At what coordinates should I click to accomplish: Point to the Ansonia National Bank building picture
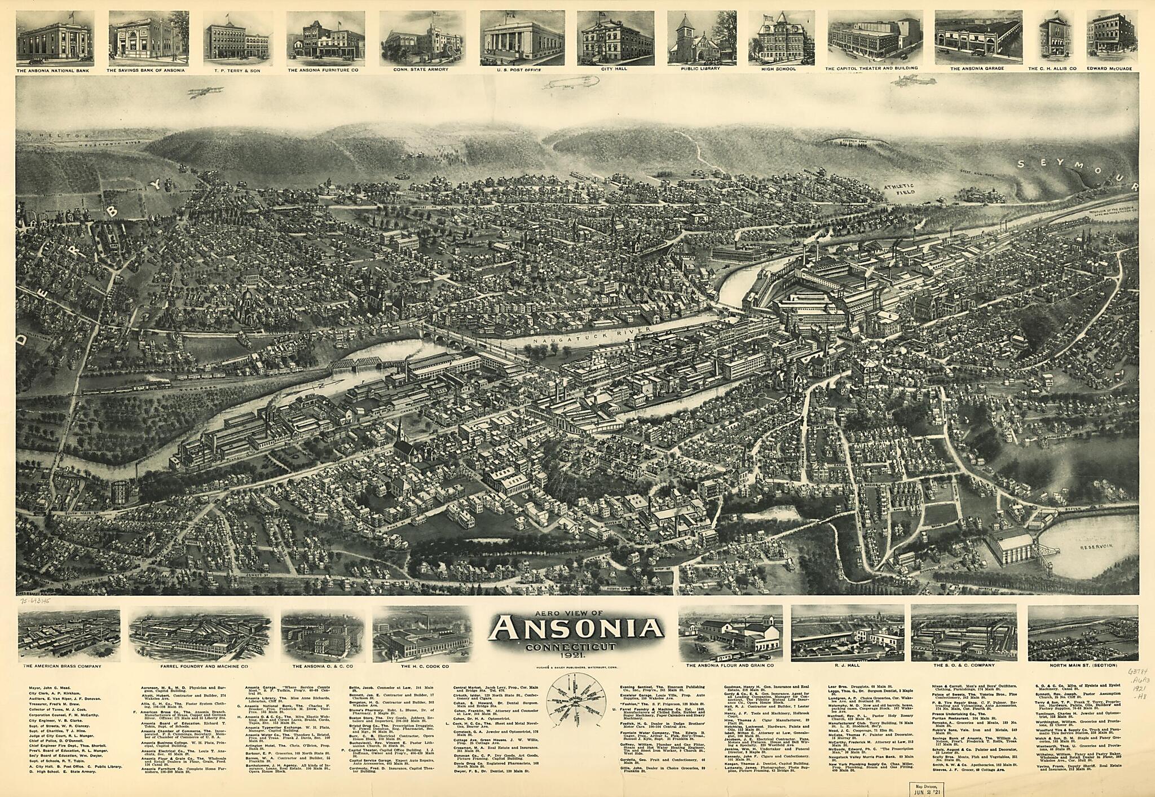(55, 37)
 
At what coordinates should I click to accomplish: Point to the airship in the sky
(572, 85)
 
